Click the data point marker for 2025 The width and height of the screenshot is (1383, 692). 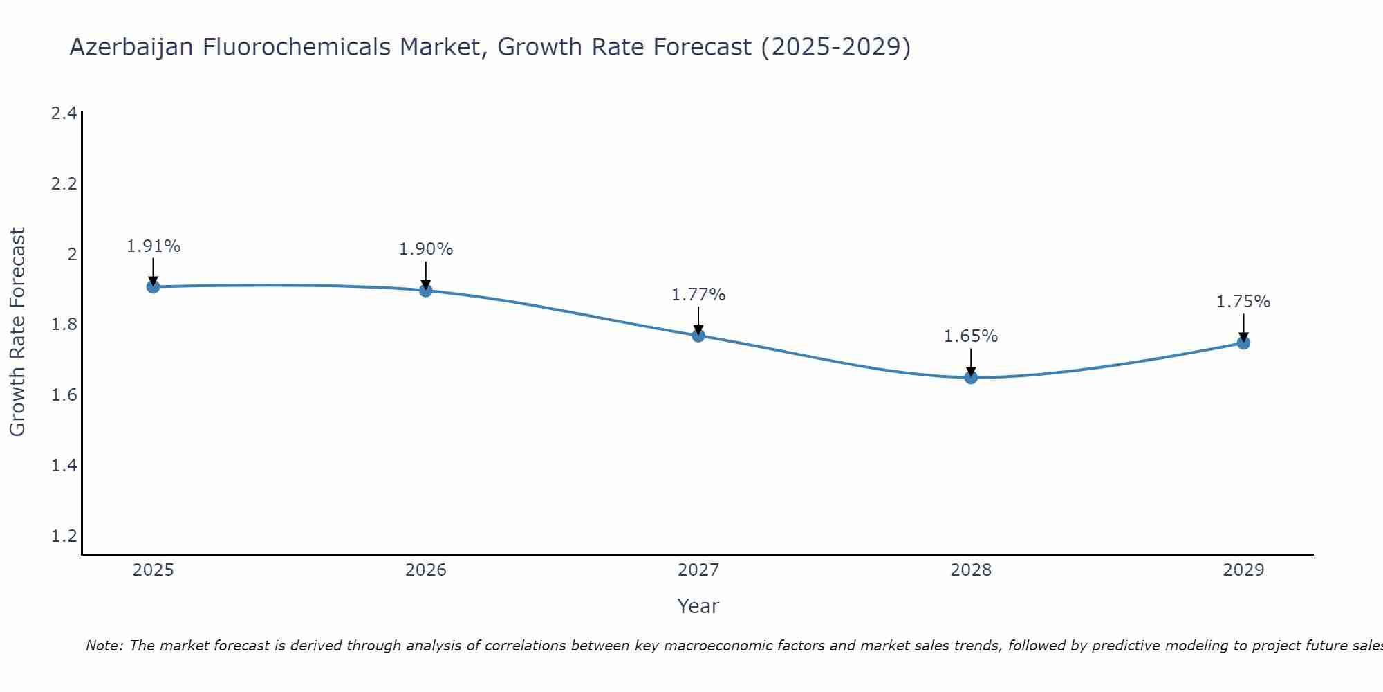click(154, 286)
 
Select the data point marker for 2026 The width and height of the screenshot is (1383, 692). click(426, 290)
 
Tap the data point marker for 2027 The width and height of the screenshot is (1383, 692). click(698, 336)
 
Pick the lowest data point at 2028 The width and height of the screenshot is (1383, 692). click(971, 377)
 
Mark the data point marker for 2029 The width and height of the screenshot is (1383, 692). click(1243, 343)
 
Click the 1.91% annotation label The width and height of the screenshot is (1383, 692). click(154, 246)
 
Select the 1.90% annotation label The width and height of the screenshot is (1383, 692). click(426, 249)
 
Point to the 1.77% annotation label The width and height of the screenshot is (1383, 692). click(698, 295)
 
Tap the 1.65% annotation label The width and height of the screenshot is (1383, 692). click(971, 336)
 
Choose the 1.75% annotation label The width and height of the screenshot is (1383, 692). click(1243, 302)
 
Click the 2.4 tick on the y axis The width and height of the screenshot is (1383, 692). click(64, 113)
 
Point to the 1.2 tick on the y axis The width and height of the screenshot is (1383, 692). click(64, 536)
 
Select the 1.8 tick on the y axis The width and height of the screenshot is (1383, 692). click(64, 325)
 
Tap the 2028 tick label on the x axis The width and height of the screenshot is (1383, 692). click(971, 570)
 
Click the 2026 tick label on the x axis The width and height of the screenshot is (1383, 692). click(426, 570)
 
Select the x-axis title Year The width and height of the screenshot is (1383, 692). click(698, 606)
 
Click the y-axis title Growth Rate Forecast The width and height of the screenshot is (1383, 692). click(18, 332)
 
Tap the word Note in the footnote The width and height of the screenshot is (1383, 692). click(103, 646)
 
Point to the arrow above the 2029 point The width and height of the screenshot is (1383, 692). click(1243, 327)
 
